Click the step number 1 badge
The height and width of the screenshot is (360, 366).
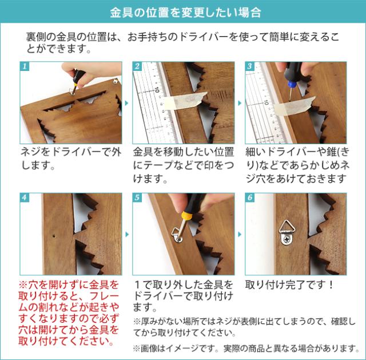point(24,66)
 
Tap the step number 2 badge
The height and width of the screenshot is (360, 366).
point(137,66)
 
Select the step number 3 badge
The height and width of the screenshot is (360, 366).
point(249,66)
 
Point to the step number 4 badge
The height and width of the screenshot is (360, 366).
point(24,197)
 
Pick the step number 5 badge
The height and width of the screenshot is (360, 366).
point(137,197)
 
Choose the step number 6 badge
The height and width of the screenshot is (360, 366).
point(249,197)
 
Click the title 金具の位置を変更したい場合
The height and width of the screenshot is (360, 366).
point(185,13)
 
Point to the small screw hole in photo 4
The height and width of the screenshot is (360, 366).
point(54,236)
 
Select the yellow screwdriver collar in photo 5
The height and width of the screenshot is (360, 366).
point(186,215)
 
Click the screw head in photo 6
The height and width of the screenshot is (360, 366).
point(286,239)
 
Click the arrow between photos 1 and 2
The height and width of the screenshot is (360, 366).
point(127,103)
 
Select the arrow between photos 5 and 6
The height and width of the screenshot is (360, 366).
point(240,234)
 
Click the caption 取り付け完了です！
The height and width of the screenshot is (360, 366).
point(289,285)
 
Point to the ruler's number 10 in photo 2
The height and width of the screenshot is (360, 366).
point(157,90)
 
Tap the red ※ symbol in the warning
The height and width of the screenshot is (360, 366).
point(23,285)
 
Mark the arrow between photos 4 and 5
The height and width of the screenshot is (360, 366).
point(127,234)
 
